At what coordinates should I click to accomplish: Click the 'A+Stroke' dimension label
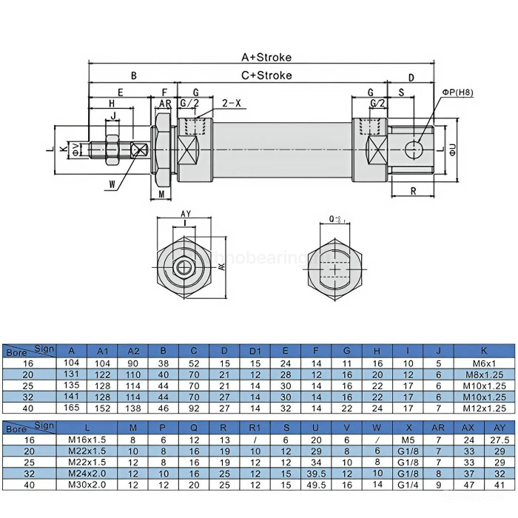click(266, 57)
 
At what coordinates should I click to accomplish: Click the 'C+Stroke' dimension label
click(266, 75)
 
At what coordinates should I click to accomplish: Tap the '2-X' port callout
click(232, 103)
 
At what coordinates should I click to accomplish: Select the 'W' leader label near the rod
click(112, 184)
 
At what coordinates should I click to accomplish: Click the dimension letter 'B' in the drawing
click(133, 75)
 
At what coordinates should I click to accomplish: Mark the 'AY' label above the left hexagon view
click(186, 214)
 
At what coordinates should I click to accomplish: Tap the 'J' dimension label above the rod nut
click(112, 115)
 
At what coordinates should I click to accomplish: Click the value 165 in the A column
click(71, 406)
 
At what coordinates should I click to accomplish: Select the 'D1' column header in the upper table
click(255, 350)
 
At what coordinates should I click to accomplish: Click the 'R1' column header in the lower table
click(255, 428)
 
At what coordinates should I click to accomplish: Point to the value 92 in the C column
click(194, 406)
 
